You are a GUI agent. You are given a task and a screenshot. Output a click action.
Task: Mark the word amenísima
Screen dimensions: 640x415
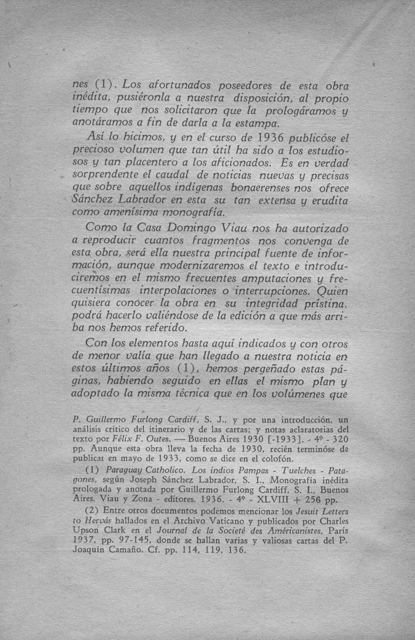tap(132, 212)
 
